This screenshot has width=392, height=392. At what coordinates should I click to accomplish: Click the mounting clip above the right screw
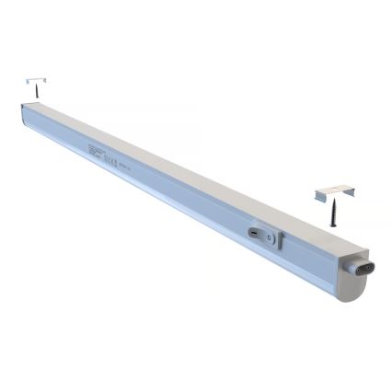click(335, 192)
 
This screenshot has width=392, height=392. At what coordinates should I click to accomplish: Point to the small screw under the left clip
click(37, 93)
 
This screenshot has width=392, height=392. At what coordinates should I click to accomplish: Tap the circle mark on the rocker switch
click(269, 237)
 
